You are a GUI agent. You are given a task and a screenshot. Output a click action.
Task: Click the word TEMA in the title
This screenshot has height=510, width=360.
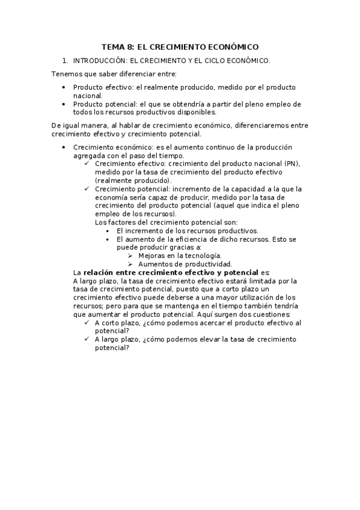pyautogui.click(x=111, y=46)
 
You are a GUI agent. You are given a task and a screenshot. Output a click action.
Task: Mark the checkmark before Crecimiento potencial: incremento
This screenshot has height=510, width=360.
pyautogui.click(x=87, y=189)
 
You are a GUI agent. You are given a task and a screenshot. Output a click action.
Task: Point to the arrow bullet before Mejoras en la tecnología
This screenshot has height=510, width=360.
pyautogui.click(x=130, y=256)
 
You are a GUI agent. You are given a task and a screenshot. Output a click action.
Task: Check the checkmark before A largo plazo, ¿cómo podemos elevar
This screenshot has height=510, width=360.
pyautogui.click(x=87, y=339)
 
